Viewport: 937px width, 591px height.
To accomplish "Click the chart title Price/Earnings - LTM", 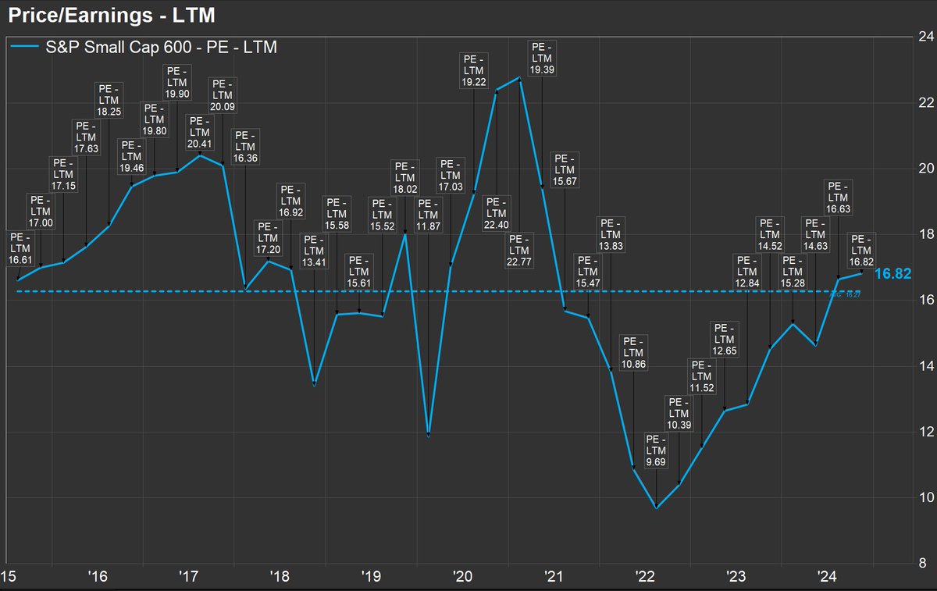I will pos(112,14).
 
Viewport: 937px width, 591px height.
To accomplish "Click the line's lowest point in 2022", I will pos(656,508).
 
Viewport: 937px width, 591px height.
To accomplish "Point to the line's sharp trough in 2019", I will pos(429,436).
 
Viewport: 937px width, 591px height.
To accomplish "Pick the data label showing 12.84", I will pos(748,271).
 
